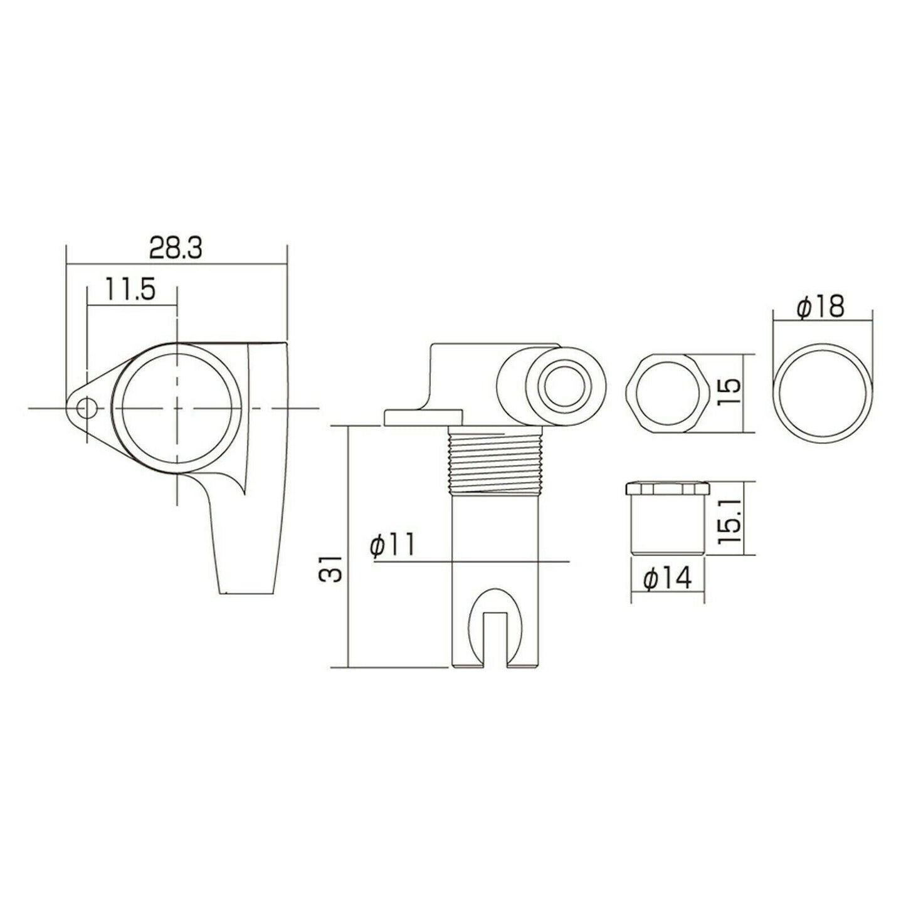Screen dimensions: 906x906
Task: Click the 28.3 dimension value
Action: click(x=176, y=249)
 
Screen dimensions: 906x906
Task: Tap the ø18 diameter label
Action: click(x=821, y=307)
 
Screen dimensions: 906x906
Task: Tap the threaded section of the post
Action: click(x=495, y=463)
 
